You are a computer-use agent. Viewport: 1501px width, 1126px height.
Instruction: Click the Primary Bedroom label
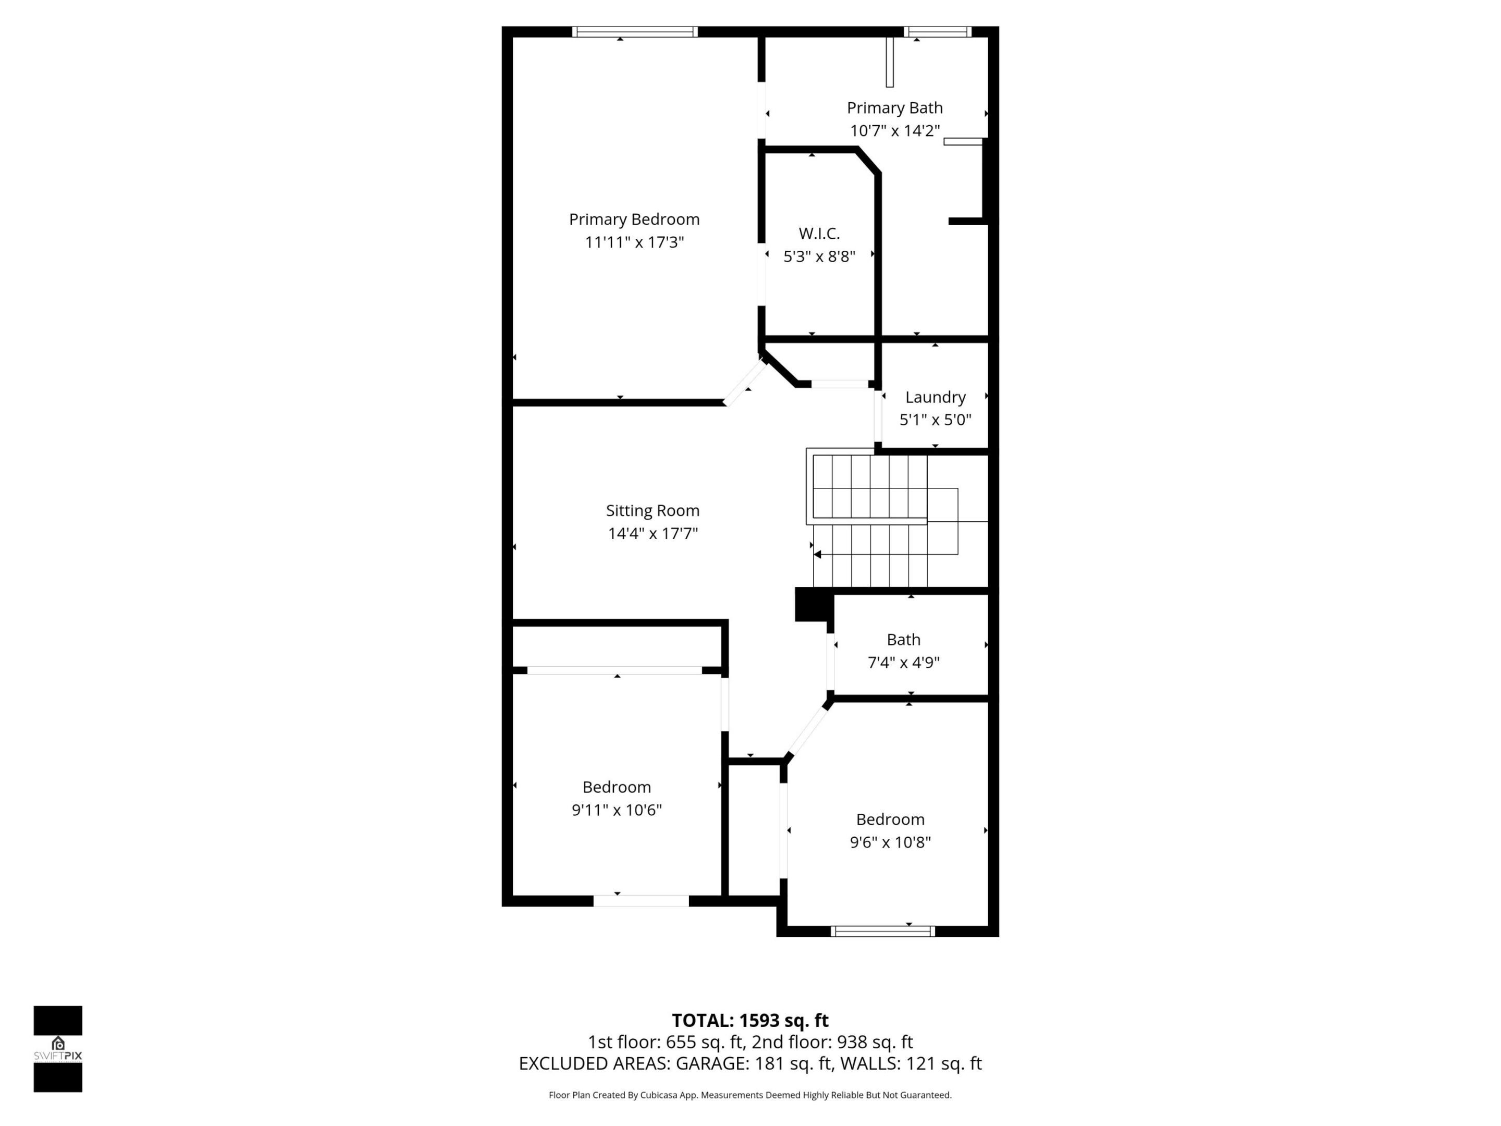click(x=634, y=219)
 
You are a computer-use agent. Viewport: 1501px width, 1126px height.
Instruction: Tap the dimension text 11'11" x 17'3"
click(x=634, y=242)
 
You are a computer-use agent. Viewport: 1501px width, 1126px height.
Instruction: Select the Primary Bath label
click(x=894, y=108)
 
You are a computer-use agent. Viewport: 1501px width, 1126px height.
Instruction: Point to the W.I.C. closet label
click(x=819, y=234)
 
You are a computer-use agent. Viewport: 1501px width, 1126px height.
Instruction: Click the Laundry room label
click(x=935, y=397)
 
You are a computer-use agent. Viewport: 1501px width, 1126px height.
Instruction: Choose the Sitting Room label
click(x=652, y=510)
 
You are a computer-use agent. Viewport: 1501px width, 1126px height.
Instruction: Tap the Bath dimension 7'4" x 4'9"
click(x=903, y=663)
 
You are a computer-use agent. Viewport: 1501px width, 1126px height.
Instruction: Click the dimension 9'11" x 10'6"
click(x=616, y=810)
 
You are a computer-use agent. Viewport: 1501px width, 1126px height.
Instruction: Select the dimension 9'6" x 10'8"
click(x=890, y=842)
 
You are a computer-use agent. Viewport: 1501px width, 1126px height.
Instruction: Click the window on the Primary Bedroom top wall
click(x=634, y=31)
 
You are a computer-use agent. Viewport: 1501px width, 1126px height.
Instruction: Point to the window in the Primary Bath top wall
click(x=937, y=31)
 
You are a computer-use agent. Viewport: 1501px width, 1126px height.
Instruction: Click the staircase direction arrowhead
click(x=818, y=555)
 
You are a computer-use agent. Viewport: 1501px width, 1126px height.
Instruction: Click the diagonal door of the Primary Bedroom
click(x=744, y=384)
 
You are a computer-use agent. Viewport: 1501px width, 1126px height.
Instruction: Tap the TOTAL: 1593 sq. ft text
click(x=750, y=1020)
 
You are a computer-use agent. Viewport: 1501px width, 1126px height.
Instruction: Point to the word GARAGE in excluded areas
click(x=712, y=1063)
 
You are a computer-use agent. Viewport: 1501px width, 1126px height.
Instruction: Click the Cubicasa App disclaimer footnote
click(x=750, y=1095)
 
